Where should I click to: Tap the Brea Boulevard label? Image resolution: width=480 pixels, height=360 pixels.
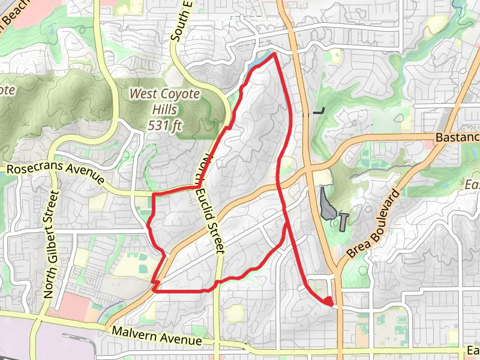[373, 224]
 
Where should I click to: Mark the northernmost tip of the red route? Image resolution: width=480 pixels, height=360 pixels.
[274, 54]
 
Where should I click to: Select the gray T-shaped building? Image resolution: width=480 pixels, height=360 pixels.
[343, 220]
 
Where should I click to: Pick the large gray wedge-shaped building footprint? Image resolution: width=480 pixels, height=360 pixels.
[326, 204]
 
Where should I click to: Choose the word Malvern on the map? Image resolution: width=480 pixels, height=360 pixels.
[133, 333]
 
